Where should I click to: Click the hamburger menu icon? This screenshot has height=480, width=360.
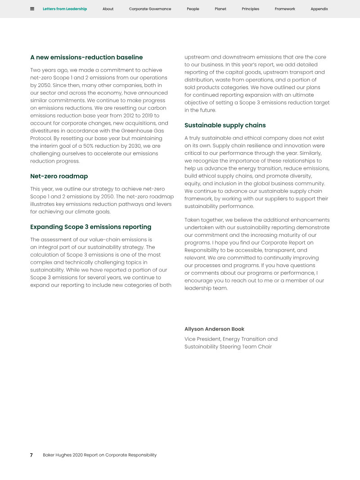(32, 9)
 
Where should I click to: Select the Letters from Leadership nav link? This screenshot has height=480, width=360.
(65, 9)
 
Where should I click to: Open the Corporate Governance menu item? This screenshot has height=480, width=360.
(150, 9)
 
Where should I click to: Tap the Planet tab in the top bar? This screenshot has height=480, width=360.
(220, 9)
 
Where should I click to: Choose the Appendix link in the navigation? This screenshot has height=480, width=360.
(319, 9)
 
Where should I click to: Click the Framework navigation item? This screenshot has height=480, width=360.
(285, 9)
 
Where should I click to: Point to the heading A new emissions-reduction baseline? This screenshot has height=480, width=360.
(86, 57)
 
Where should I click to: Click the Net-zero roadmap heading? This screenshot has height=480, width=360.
(59, 176)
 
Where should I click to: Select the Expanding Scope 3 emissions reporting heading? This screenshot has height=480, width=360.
(90, 227)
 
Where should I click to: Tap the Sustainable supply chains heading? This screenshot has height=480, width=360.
(225, 125)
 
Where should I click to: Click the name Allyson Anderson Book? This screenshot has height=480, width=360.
(214, 329)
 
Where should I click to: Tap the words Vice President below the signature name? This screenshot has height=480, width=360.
(202, 339)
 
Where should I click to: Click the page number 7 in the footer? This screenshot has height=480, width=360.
(31, 455)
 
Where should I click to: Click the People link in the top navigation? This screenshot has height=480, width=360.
(193, 9)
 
